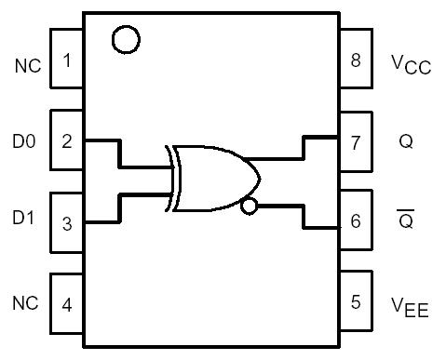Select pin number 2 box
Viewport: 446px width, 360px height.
tap(65, 141)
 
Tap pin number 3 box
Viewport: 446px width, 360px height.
tap(65, 222)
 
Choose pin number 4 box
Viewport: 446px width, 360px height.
tap(65, 302)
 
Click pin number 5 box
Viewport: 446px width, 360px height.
tap(355, 302)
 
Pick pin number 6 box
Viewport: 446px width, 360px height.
tap(355, 222)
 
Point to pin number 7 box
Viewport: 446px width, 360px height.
tap(355, 142)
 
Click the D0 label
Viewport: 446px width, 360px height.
tap(24, 142)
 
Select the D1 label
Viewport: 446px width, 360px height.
tap(24, 222)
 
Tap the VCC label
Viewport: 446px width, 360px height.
tap(410, 64)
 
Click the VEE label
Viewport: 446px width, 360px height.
tap(409, 305)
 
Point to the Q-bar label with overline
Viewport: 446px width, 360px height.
tap(406, 220)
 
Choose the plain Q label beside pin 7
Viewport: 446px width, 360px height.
tap(406, 142)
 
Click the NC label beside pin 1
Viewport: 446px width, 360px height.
tap(26, 65)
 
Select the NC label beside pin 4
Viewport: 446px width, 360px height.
tap(25, 303)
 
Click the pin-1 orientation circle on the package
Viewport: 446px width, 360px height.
tap(125, 39)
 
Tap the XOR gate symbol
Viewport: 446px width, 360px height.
tap(212, 178)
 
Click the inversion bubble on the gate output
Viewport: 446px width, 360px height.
tap(248, 206)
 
